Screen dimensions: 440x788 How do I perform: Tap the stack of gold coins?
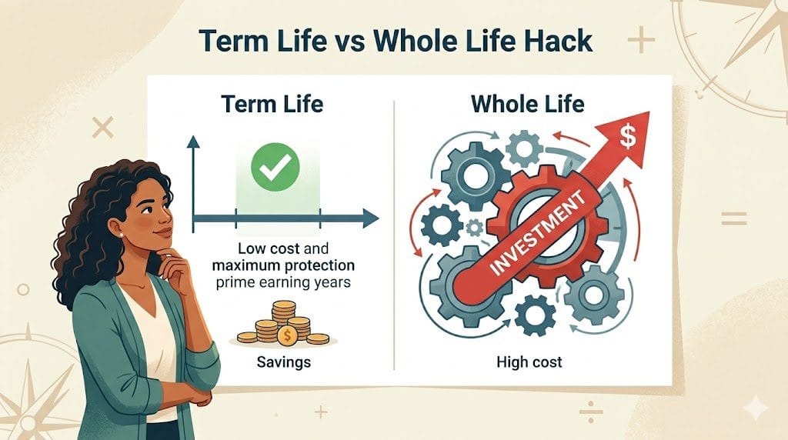pyautogui.click(x=283, y=324)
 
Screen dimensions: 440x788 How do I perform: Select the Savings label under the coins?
pyautogui.click(x=282, y=360)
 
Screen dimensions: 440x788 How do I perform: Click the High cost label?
pyautogui.click(x=530, y=361)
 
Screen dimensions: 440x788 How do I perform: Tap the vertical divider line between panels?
pyautogui.click(x=394, y=231)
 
